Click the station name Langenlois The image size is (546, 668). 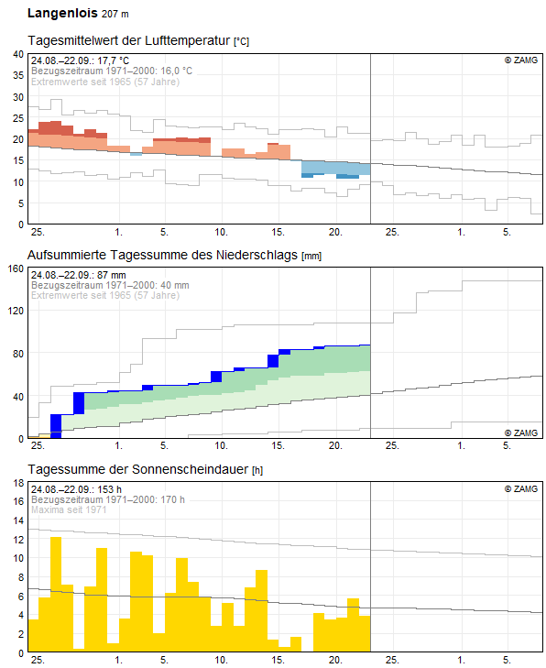click(x=62, y=13)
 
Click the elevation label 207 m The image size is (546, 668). click(x=115, y=14)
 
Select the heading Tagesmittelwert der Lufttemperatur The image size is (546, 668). click(x=128, y=40)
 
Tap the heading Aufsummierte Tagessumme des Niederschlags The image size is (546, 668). click(x=162, y=255)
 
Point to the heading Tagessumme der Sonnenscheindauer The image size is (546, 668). click(x=137, y=469)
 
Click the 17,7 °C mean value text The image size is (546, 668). click(x=113, y=60)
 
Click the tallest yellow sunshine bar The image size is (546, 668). click(x=56, y=595)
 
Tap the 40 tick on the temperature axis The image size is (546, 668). click(x=18, y=54)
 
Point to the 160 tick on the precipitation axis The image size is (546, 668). click(x=16, y=268)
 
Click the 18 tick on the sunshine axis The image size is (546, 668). click(x=18, y=483)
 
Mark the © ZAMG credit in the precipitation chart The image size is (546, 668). click(x=521, y=433)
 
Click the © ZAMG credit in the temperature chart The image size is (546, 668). click(x=521, y=60)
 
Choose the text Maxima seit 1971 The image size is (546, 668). click(x=69, y=509)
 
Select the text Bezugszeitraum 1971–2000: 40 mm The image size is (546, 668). click(x=110, y=285)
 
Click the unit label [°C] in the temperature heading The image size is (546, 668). click(x=241, y=41)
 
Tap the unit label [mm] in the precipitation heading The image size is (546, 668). click(x=311, y=256)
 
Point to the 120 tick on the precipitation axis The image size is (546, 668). click(x=16, y=311)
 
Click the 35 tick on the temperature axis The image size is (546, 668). click(x=18, y=75)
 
